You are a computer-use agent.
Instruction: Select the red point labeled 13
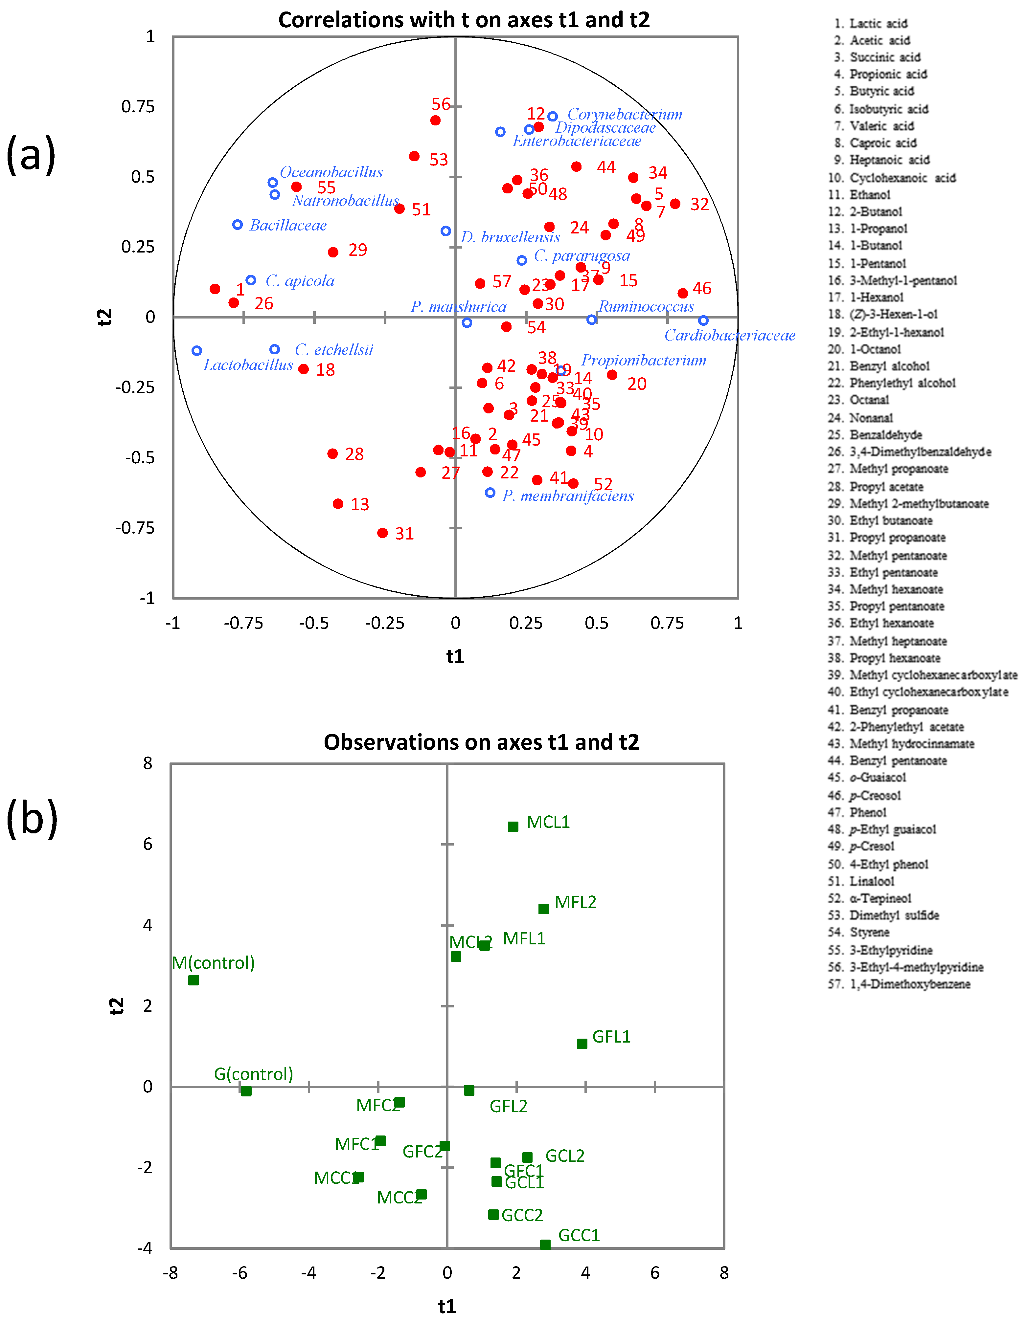[338, 504]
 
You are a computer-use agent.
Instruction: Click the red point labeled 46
[682, 293]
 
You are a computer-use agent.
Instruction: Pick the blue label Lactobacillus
[248, 365]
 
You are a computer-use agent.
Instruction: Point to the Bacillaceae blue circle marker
[238, 225]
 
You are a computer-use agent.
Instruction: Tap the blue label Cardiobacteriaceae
[730, 335]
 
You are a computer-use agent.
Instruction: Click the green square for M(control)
[193, 980]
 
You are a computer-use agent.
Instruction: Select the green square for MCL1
[513, 827]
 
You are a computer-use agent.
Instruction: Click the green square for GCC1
[545, 1245]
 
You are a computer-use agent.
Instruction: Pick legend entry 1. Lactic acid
[870, 24]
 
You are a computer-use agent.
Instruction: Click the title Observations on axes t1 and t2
[481, 742]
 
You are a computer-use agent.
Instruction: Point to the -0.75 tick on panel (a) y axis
[135, 528]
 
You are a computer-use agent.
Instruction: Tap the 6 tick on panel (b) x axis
[654, 1273]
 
